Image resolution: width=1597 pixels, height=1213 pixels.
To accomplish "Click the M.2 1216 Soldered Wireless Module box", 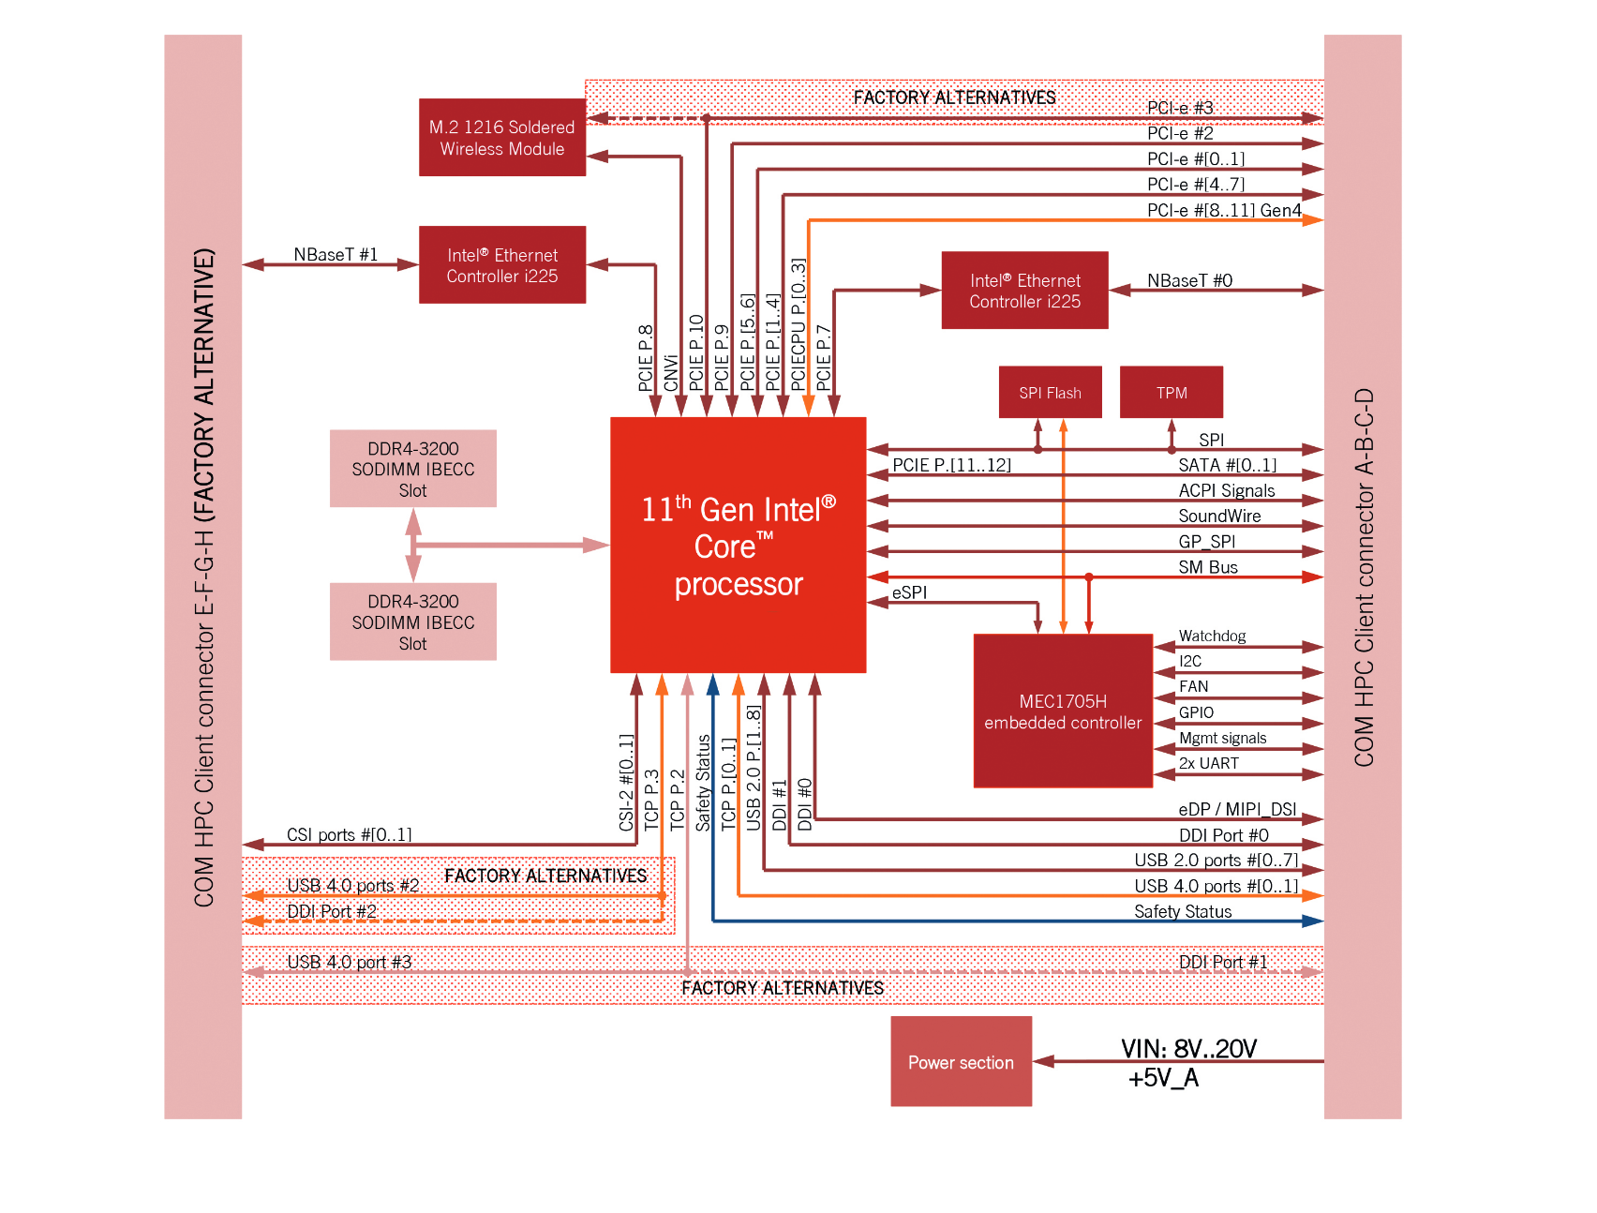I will pyautogui.click(x=501, y=138).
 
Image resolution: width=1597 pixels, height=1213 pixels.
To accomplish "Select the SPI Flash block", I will pyautogui.click(x=1050, y=392).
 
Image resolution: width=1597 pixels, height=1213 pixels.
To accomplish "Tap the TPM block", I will pyautogui.click(x=1171, y=392).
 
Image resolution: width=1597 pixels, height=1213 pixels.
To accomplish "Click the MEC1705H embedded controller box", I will pyautogui.click(x=1062, y=711).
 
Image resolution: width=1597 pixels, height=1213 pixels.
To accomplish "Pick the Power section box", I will pyautogui.click(x=961, y=1062).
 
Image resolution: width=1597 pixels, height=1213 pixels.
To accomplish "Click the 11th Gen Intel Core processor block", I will pyautogui.click(x=738, y=546).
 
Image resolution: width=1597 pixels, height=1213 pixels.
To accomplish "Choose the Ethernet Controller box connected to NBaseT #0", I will pyautogui.click(x=1024, y=291).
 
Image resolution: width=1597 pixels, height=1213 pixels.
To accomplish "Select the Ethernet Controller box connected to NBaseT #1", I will pyautogui.click(x=501, y=265).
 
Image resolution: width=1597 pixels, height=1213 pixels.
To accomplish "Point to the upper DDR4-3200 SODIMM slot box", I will pyautogui.click(x=412, y=469).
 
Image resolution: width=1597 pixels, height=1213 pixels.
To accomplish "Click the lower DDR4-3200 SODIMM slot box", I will pyautogui.click(x=412, y=622).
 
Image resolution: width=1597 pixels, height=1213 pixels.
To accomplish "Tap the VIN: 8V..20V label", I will pyautogui.click(x=1188, y=1048).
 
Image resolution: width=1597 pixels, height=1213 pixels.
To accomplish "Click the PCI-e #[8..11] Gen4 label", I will pyautogui.click(x=1223, y=210).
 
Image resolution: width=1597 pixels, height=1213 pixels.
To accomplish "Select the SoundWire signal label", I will pyautogui.click(x=1219, y=516).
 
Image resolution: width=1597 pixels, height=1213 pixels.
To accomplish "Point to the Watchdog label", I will pyautogui.click(x=1212, y=636).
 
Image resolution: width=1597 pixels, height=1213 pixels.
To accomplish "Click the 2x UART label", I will pyautogui.click(x=1208, y=763).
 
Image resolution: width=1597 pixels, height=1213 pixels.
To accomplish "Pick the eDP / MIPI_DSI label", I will pyautogui.click(x=1237, y=809).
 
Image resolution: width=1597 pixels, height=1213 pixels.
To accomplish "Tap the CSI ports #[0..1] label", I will pyautogui.click(x=349, y=834).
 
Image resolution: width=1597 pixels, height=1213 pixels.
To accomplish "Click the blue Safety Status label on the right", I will pyautogui.click(x=1183, y=911).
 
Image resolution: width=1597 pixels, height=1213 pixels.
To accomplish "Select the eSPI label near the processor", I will pyautogui.click(x=909, y=592).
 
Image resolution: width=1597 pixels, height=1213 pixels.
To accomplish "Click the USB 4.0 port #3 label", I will pyautogui.click(x=349, y=962).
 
